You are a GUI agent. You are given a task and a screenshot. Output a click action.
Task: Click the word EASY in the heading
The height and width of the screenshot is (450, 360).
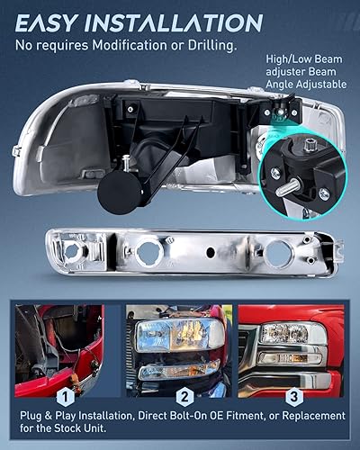click(48, 22)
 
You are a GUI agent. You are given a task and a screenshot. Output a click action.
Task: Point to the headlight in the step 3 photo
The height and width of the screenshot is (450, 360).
click(305, 334)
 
